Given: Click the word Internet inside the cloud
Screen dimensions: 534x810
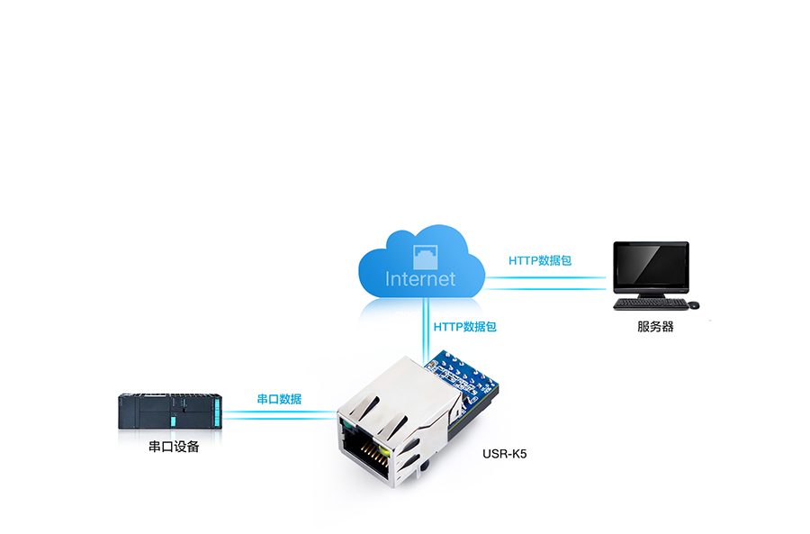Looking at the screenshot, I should pos(420,278).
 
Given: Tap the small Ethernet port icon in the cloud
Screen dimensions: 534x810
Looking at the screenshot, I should pos(421,253).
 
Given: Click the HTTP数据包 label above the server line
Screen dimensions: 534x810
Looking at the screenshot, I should pos(540,261).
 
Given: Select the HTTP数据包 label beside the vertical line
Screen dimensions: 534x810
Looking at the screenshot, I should pos(464,327).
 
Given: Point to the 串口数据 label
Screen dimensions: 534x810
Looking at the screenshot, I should pos(279,399).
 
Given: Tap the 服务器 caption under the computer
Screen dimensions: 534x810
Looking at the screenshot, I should pos(655,327).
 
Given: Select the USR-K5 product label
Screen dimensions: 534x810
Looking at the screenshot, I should pos(505,453).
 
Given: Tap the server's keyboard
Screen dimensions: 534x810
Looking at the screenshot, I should pos(645,304).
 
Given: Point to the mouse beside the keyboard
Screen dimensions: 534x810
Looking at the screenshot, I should pos(693,304).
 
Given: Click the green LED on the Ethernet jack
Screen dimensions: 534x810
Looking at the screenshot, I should pos(344,421).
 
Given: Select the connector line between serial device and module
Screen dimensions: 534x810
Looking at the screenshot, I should pos(279,413).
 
